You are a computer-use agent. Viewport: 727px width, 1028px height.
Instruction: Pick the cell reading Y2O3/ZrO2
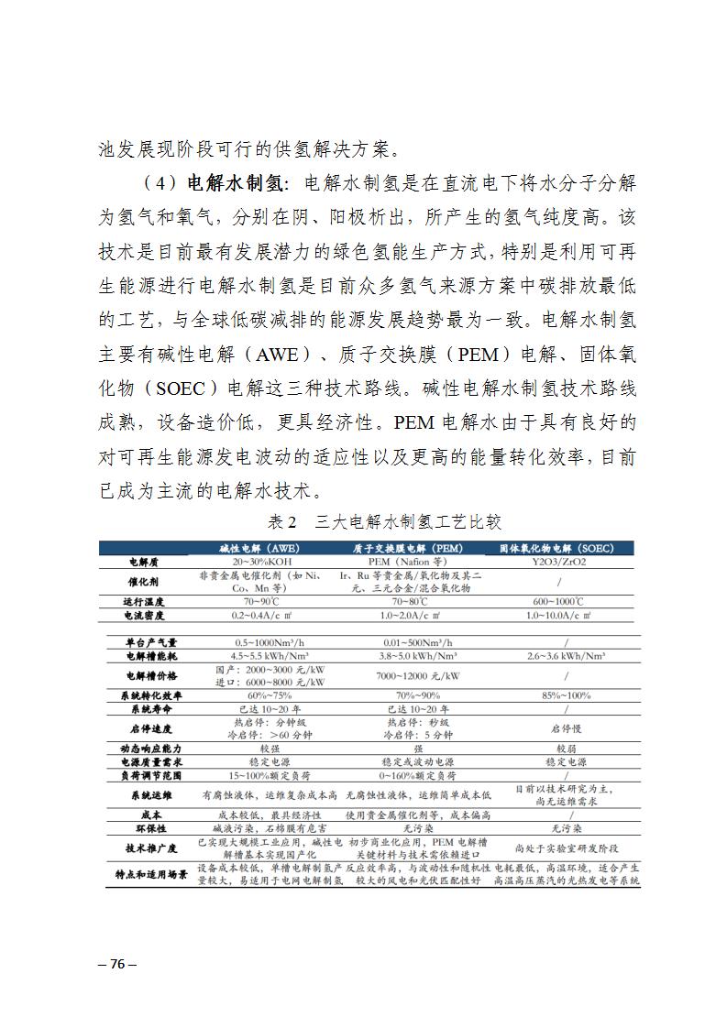coord(559,560)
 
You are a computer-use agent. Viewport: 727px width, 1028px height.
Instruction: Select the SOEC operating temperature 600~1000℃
coord(559,602)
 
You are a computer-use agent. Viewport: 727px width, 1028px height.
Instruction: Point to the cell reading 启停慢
coord(559,728)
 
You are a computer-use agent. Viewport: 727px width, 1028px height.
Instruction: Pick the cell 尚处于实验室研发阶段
coord(559,848)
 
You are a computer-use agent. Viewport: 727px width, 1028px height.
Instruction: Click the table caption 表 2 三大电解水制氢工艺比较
coord(384,522)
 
